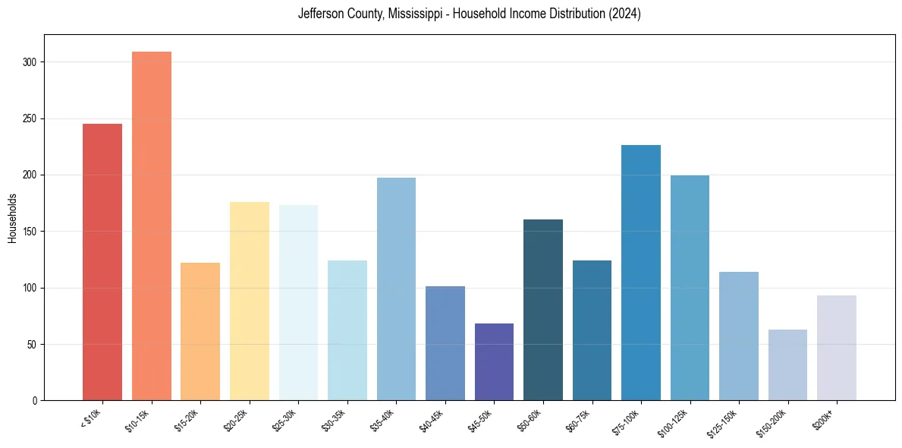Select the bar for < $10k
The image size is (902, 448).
point(102,262)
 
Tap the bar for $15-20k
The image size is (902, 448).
point(200,331)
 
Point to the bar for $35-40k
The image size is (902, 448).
point(396,289)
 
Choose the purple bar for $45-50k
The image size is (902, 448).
point(494,361)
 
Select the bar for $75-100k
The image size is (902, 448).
point(641,273)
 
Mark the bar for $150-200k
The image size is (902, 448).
point(787,364)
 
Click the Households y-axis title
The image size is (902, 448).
point(12,218)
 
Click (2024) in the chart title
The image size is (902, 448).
point(624,14)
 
